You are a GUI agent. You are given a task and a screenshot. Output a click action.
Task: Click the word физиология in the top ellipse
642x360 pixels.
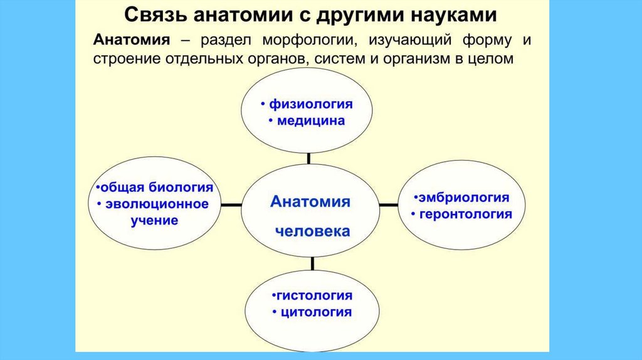pyautogui.click(x=310, y=103)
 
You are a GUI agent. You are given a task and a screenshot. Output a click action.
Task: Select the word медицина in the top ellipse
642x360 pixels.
pyautogui.click(x=310, y=120)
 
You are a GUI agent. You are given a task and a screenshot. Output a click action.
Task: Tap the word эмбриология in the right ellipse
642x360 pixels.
pyautogui.click(x=464, y=197)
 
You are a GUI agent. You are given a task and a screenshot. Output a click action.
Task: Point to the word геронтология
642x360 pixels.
pyautogui.click(x=466, y=214)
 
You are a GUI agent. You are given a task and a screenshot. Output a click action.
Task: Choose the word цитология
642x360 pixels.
pyautogui.click(x=316, y=312)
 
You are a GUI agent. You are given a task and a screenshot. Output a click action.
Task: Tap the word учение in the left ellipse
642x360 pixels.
pyautogui.click(x=155, y=220)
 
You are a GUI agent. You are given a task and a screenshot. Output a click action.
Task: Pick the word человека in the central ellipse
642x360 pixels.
pyautogui.click(x=312, y=231)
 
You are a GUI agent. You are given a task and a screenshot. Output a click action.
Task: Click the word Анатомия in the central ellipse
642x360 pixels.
pyautogui.click(x=310, y=202)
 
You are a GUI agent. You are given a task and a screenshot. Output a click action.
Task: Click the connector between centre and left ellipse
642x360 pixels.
pyautogui.click(x=232, y=205)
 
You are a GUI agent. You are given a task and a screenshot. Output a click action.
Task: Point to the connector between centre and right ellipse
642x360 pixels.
pyautogui.click(x=389, y=204)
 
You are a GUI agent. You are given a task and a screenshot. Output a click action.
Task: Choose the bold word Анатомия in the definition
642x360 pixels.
pyautogui.click(x=132, y=41)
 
